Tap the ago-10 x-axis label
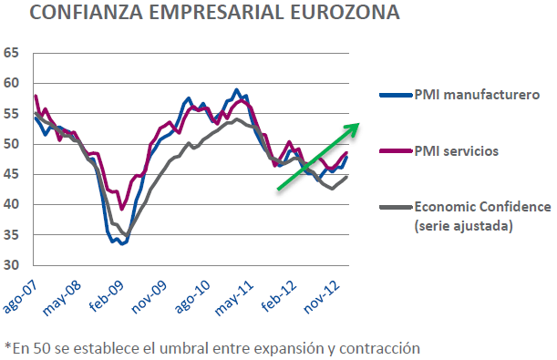pyautogui.click(x=202, y=293)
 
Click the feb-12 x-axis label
pyautogui.click(x=294, y=293)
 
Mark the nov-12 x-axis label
pyautogui.click(x=339, y=293)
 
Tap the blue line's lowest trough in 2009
pyautogui.click(x=123, y=243)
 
